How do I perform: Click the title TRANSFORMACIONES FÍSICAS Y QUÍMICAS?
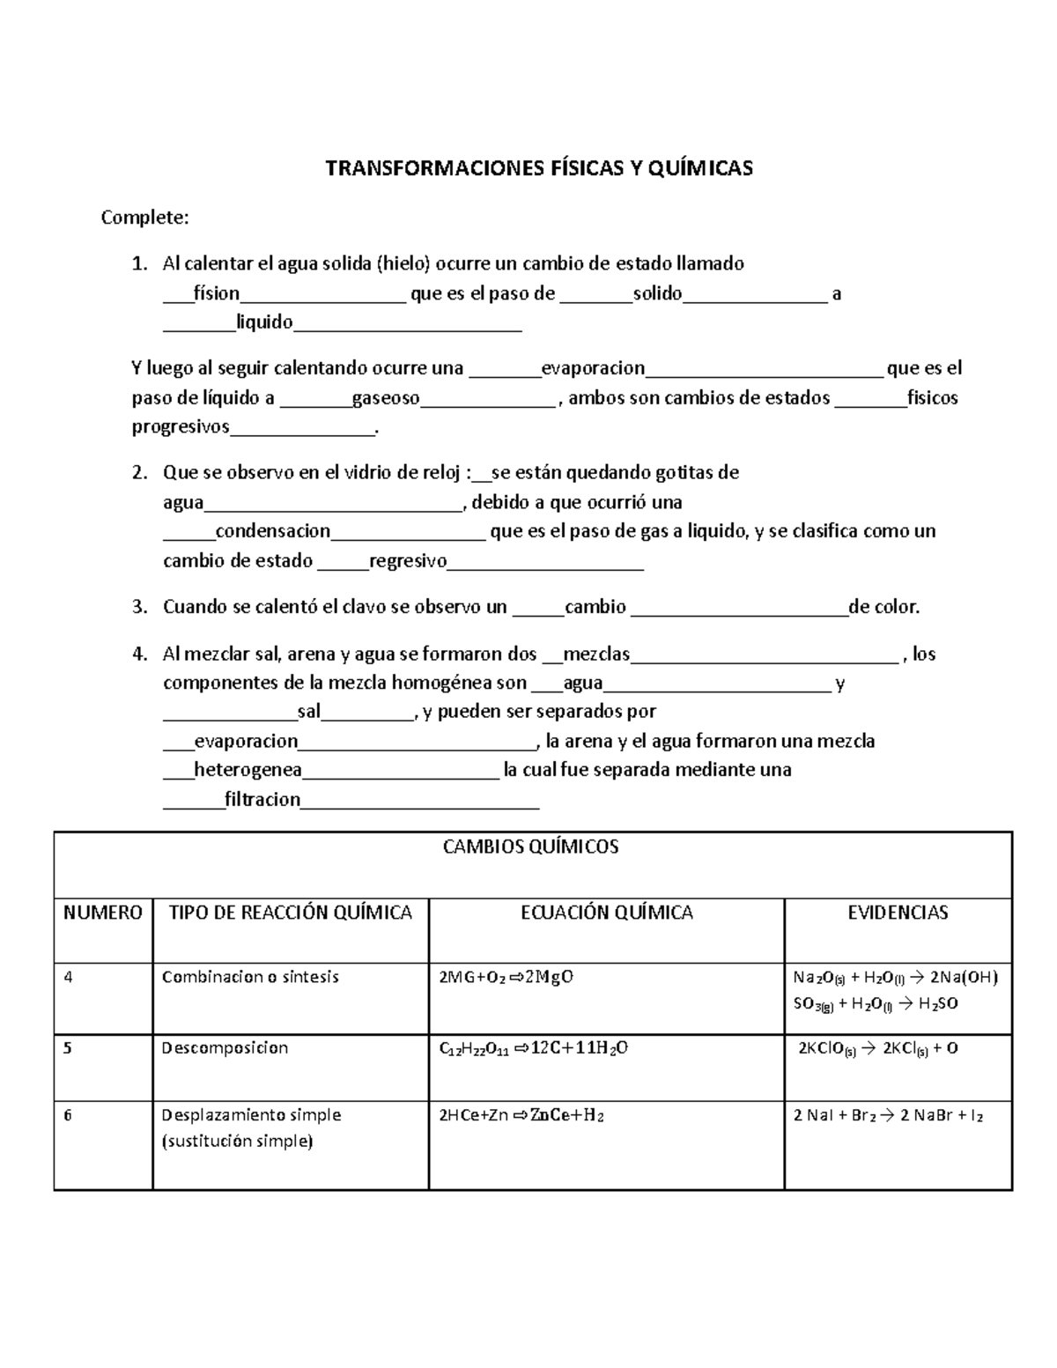pos(539,168)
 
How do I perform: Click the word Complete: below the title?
pos(144,217)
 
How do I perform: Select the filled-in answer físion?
pos(217,293)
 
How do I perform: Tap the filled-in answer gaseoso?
pos(386,398)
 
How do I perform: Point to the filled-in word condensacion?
pos(273,531)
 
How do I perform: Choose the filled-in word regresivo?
pos(408,561)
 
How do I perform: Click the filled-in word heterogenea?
pos(248,770)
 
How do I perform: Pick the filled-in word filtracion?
pos(262,800)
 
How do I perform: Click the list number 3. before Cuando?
pos(139,607)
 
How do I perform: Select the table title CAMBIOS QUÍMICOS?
pos(530,847)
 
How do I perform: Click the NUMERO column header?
pos(103,913)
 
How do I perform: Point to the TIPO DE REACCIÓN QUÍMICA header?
pos(290,913)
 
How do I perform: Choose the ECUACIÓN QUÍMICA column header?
pos(607,913)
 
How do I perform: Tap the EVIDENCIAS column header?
pos(898,913)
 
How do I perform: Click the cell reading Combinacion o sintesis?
pos(250,977)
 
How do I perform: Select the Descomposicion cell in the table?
pos(225,1048)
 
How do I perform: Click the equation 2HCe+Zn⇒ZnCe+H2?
pos(521,1115)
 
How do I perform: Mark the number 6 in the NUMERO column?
pos(68,1115)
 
